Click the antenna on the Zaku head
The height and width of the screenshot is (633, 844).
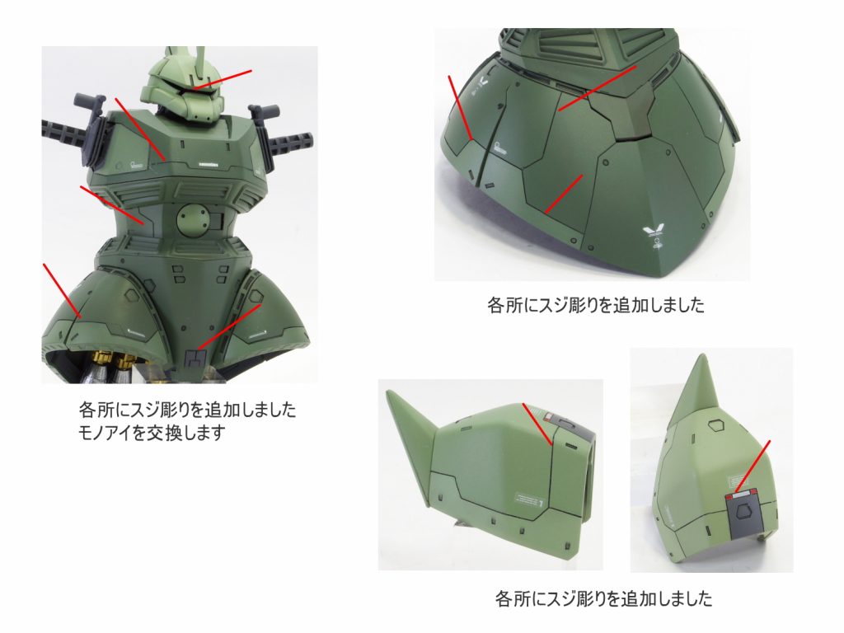point(201,63)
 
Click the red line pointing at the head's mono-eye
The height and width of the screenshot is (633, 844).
point(223,79)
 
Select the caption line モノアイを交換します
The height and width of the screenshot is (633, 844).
point(151,433)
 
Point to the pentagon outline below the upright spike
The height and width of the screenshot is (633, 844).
point(715,426)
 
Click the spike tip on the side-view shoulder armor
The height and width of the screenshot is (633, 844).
point(389,393)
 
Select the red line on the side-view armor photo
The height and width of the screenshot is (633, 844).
point(537,424)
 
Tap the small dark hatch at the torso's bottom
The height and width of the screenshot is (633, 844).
point(195,358)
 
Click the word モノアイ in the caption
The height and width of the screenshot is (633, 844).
point(105,433)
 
